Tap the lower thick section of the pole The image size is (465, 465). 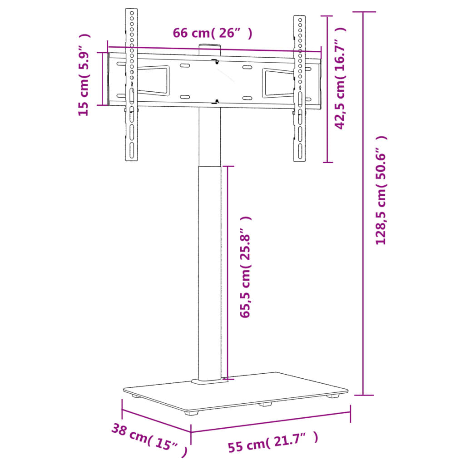tap(210, 272)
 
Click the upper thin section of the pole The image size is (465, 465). tap(210, 136)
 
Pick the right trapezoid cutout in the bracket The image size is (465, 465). tap(278, 83)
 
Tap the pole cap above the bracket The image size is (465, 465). tap(210, 46)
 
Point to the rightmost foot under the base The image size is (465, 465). tap(334, 396)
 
